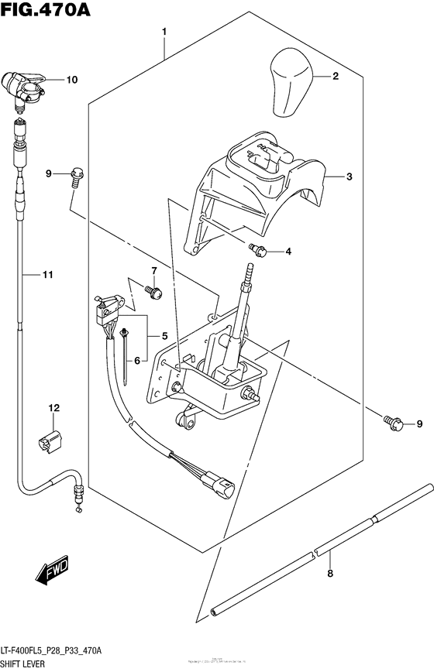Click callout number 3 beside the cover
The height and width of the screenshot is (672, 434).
(350, 177)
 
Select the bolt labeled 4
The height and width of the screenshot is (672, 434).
(257, 249)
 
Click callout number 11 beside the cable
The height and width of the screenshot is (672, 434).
(47, 274)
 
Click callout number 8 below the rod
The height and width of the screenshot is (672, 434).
(330, 574)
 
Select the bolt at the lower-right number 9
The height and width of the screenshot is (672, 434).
(392, 422)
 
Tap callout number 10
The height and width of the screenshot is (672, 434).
(71, 79)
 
